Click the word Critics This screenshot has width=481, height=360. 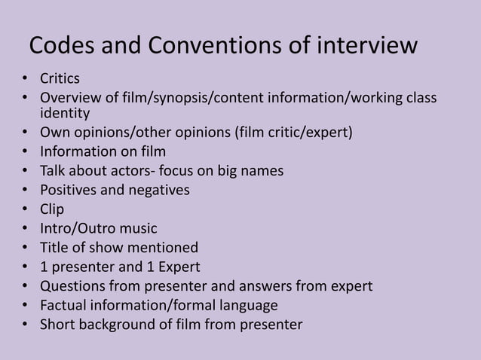tap(60, 79)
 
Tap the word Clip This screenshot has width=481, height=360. tap(52, 209)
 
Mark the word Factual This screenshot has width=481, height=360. tap(65, 305)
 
